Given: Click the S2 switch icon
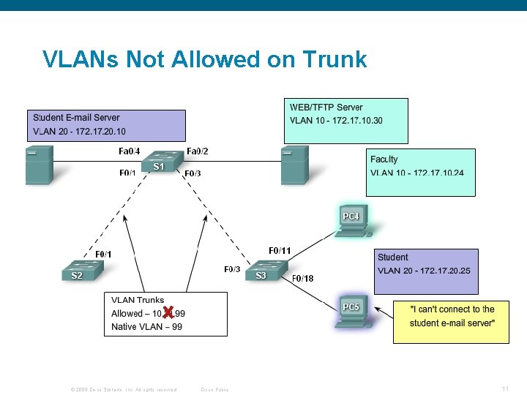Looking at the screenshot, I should pos(81,271).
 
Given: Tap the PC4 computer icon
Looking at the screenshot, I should pos(353,221).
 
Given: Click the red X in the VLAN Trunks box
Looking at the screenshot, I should pos(168,313).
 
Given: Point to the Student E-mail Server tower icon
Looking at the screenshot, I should pos(38,165).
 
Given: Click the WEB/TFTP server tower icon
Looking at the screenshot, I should pos(295,165).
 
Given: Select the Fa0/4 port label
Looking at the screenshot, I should pos(129,151).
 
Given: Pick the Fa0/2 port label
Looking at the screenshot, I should pos(198,151).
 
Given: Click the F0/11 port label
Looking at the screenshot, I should pos(280,251).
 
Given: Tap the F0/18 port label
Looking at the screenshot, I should pos(302,279).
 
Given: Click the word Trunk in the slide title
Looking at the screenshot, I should pos(330,59).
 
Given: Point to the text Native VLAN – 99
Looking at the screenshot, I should pos(146,327).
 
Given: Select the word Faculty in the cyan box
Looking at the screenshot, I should pos(384,159).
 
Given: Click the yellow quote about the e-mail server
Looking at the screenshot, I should pos(452,316).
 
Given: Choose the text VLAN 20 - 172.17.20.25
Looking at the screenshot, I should pos(424,271).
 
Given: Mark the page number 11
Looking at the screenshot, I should pos(505,388).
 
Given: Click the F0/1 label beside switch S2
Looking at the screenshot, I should pos(103,254).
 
